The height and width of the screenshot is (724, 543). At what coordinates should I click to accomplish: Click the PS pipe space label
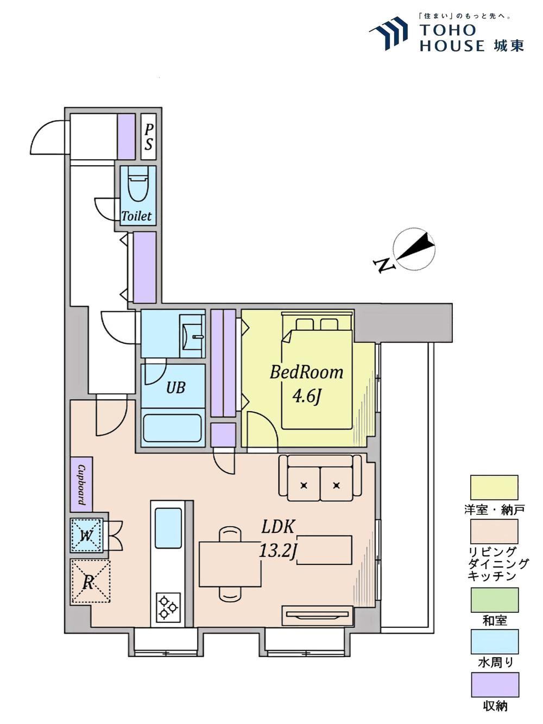pos(149,137)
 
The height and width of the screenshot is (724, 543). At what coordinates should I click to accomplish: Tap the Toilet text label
pos(136,216)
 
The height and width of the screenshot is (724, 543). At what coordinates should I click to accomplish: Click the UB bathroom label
pos(176,388)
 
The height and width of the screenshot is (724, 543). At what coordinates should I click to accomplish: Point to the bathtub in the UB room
pos(173,428)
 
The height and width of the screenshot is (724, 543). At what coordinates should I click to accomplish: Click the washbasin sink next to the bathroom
pos(193,336)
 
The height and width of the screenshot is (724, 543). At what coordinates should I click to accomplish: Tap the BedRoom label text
pos(307,373)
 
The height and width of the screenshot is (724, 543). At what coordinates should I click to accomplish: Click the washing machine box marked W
pos(86,536)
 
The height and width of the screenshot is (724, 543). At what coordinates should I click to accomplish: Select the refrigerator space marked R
pos(90,582)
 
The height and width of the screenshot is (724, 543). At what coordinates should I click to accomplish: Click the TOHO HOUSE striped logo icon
pos(388,33)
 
